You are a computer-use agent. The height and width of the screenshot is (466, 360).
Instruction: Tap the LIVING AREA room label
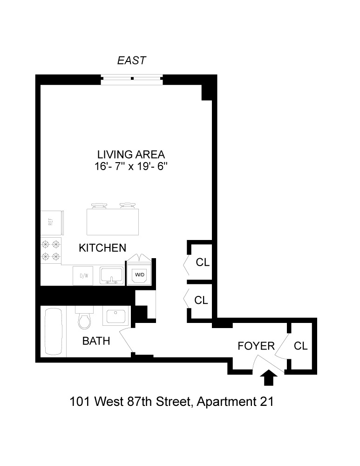click(131, 154)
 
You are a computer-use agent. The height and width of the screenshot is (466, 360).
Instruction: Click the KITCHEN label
click(102, 247)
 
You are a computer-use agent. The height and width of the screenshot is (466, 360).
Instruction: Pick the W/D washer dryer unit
click(140, 274)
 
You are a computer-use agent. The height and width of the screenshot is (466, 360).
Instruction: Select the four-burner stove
click(51, 250)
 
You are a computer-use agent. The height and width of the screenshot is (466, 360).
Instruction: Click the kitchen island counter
click(113, 222)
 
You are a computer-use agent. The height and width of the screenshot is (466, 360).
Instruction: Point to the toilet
click(84, 319)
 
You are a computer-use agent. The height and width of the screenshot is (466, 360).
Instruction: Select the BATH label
click(96, 341)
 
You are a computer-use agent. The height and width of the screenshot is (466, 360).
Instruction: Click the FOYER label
click(256, 346)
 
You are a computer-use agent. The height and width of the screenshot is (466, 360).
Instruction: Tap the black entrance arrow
click(268, 378)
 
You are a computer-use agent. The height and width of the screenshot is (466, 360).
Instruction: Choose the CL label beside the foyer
click(301, 346)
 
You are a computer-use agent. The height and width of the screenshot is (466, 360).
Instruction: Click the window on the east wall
click(132, 79)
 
